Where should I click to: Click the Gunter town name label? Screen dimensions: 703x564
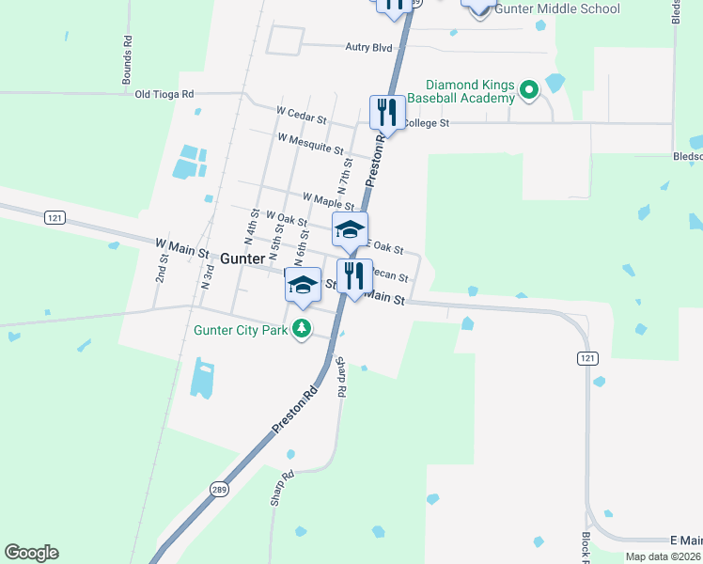coord(242,258)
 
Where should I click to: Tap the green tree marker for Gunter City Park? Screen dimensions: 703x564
coord(302,329)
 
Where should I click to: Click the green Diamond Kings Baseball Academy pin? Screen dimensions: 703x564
coord(528,91)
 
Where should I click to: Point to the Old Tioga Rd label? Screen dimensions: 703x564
coord(164,94)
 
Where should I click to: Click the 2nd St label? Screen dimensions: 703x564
coord(162,269)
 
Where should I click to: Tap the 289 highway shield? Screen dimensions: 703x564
coord(219,490)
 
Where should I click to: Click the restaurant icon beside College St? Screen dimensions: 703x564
coord(387,113)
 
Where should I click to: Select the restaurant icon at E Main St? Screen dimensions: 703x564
coord(354,275)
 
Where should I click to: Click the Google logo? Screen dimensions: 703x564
coord(31,553)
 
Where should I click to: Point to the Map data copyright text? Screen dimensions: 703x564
coord(664,556)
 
